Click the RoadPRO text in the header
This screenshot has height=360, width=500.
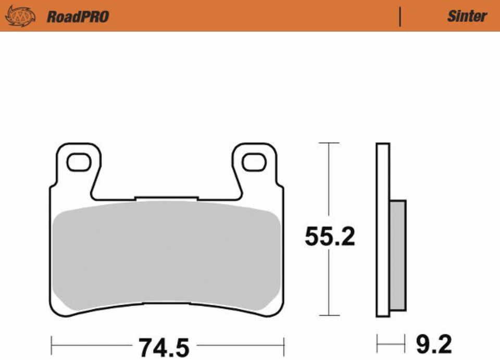(x=78, y=17)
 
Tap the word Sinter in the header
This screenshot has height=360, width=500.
(x=467, y=16)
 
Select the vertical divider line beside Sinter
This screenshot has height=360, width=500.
(x=400, y=17)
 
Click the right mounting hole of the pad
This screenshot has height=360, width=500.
(x=254, y=162)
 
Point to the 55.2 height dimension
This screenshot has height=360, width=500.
(x=330, y=237)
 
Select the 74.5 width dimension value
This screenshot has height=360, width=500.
(x=163, y=346)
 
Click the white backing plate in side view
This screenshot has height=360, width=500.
(x=382, y=229)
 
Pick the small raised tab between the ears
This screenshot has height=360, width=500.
(x=166, y=198)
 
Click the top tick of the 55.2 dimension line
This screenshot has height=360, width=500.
(x=328, y=143)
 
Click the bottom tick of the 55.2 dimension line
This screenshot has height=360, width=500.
(x=328, y=315)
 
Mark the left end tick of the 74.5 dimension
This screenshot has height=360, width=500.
(x=52, y=344)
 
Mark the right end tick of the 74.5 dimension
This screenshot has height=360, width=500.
(x=283, y=344)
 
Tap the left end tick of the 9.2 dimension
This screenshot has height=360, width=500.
(x=377, y=344)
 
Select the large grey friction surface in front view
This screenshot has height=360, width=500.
(x=167, y=255)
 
